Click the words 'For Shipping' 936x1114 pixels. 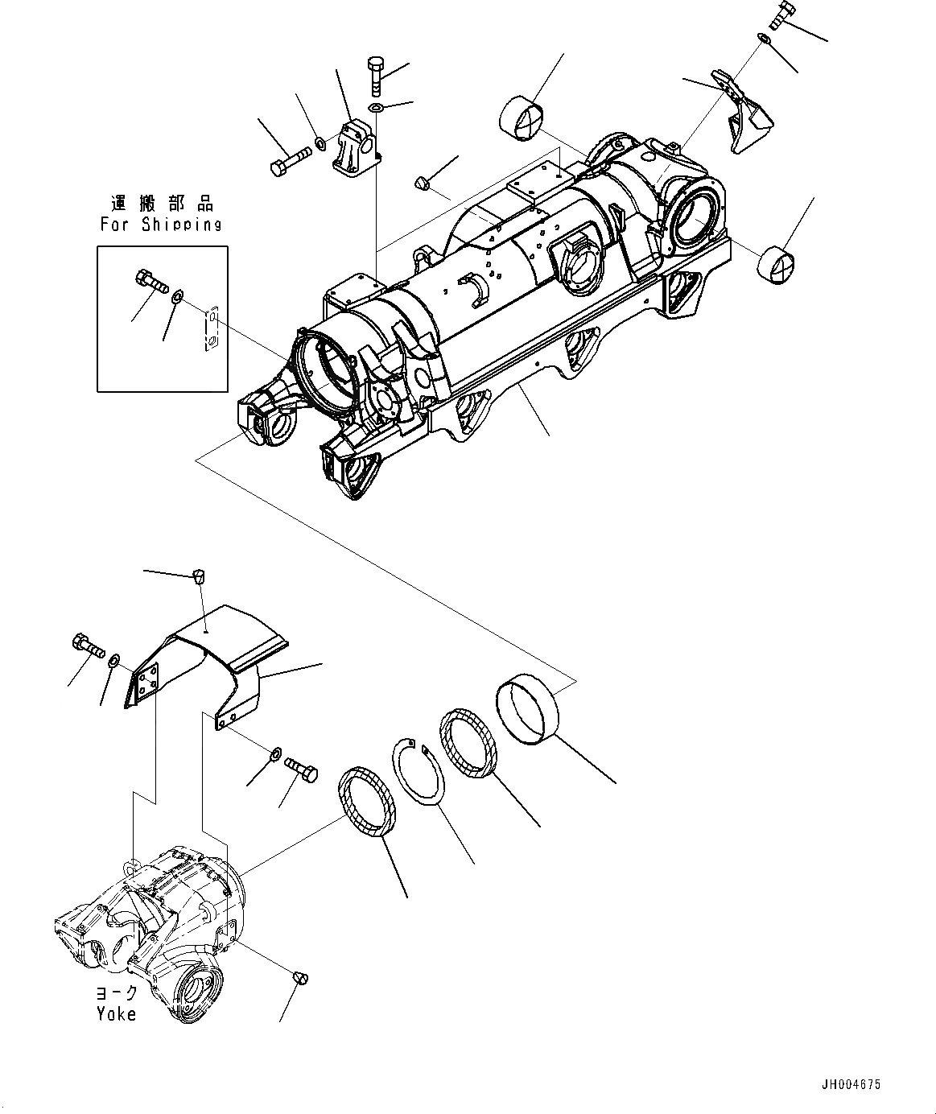coord(161,224)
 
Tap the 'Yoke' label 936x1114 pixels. coord(117,1014)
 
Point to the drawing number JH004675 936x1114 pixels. coord(851,1085)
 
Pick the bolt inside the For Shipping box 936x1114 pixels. coord(149,281)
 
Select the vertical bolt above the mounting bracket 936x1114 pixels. coord(377,76)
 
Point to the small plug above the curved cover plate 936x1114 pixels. coord(198,576)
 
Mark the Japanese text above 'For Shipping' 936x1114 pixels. coord(162,204)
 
